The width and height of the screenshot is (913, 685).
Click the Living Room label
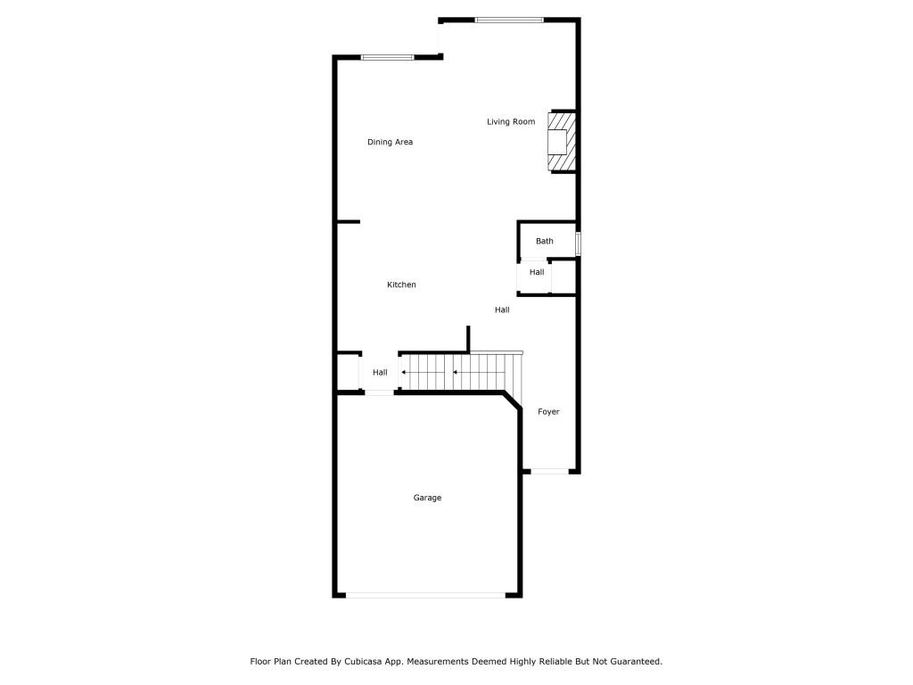click(x=511, y=121)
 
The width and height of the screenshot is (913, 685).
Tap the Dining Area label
click(x=391, y=142)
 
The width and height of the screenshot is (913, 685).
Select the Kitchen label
click(x=401, y=285)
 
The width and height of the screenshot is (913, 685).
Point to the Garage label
click(x=427, y=498)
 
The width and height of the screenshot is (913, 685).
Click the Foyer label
click(x=548, y=412)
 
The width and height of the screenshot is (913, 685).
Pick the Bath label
click(x=545, y=241)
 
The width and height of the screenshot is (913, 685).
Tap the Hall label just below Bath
click(x=537, y=272)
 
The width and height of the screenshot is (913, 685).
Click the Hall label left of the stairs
click(x=380, y=373)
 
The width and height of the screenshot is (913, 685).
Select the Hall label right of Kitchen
click(x=502, y=309)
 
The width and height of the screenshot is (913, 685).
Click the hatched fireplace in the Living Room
click(x=562, y=142)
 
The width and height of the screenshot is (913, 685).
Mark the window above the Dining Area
click(x=387, y=57)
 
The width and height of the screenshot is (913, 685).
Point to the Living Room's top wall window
click(x=509, y=21)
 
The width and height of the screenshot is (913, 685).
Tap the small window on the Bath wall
click(x=578, y=244)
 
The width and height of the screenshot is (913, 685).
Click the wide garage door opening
click(x=425, y=595)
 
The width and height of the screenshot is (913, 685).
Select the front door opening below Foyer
click(x=549, y=471)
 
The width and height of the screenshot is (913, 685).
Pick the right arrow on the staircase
click(x=471, y=372)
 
